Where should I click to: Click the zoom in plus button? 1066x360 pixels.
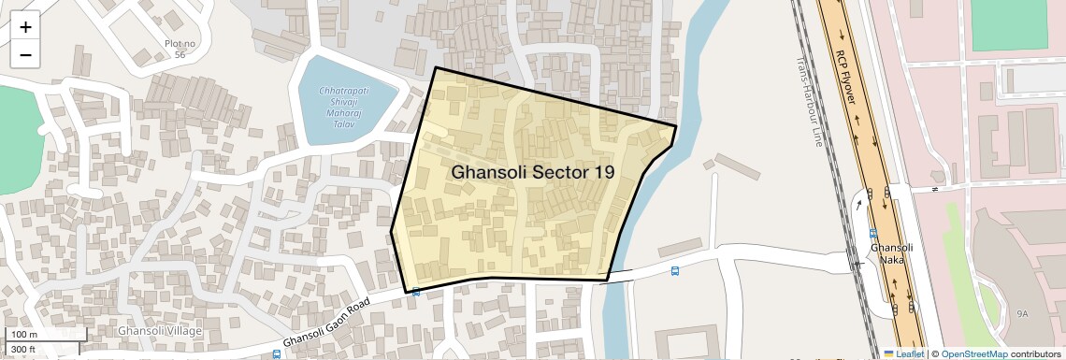(25, 27)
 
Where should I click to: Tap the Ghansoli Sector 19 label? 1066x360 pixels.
(533, 172)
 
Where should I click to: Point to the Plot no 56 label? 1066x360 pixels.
(180, 50)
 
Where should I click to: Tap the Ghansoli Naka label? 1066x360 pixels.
(885, 253)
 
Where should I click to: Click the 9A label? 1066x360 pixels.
(1022, 314)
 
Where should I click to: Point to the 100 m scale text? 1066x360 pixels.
(23, 335)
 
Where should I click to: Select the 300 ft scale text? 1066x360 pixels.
(23, 350)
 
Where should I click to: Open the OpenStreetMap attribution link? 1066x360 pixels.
(974, 353)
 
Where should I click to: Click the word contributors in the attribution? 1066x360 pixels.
(1035, 353)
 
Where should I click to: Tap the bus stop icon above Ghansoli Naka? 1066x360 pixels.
(872, 234)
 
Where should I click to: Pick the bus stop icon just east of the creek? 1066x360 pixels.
(675, 272)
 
